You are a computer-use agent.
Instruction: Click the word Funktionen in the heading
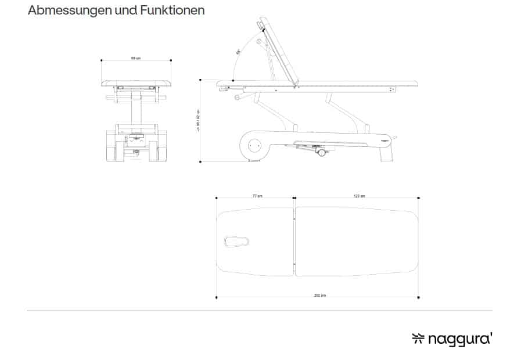(172, 10)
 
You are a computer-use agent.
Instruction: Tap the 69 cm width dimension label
(135, 58)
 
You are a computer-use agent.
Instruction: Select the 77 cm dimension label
(256, 196)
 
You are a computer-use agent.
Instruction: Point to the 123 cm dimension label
(358, 196)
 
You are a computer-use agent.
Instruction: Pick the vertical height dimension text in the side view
(198, 121)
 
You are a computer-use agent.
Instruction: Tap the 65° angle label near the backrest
(238, 52)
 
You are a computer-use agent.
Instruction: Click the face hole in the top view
(236, 240)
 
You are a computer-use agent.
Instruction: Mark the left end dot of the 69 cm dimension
(102, 60)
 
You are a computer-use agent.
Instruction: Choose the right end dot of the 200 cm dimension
(419, 297)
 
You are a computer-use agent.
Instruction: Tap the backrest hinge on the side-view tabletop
(297, 85)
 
